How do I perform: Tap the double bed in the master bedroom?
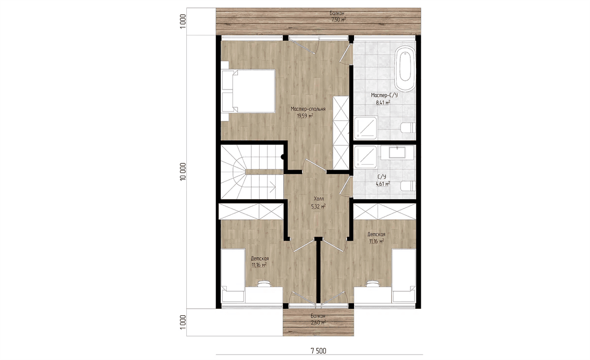tap(248, 91)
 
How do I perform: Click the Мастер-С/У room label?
tap(384, 95)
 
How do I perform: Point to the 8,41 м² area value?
tap(383, 102)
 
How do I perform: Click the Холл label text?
tap(319, 199)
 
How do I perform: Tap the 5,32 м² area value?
tap(319, 207)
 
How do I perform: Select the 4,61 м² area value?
tap(383, 184)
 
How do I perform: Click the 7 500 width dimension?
tap(319, 351)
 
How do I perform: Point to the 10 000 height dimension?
tap(183, 172)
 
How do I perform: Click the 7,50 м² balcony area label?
tap(338, 20)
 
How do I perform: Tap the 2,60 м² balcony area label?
tap(318, 322)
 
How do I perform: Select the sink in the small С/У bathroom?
tap(397, 153)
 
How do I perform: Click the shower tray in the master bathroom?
tap(366, 128)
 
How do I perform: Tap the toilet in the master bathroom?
tap(408, 128)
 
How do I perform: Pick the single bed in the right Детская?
tap(404, 276)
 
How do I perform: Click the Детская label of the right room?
tap(377, 234)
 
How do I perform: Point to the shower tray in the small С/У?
tap(366, 157)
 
